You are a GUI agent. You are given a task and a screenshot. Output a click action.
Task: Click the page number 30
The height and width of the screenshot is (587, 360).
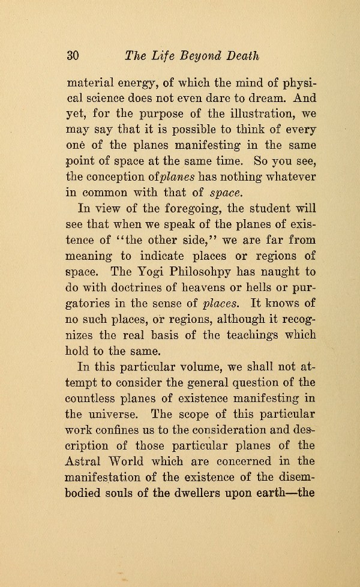pos(73,56)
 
